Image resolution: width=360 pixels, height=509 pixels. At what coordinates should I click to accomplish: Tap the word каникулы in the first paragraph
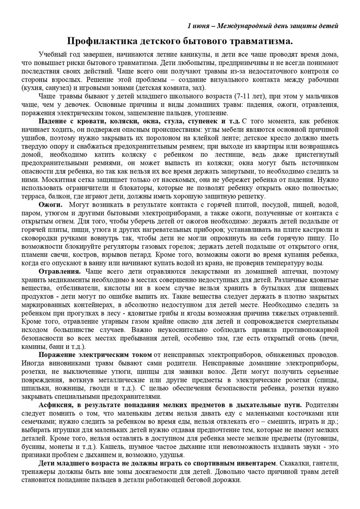tap(194, 54)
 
